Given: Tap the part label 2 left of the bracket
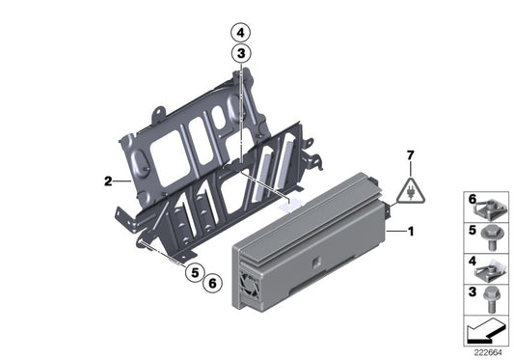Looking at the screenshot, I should (x=110, y=180).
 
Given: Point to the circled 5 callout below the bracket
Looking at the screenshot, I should (x=196, y=273).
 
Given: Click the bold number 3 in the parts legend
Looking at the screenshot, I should (x=472, y=290).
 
